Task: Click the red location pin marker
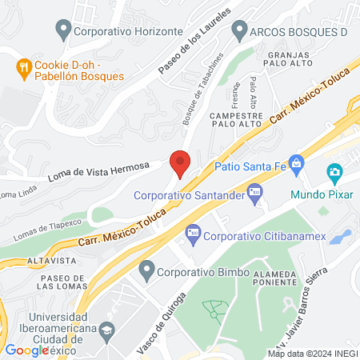pos(180,162)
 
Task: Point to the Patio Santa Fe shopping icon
pos(296,165)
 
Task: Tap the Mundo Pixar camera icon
pos(334,172)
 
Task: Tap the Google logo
pos(27,350)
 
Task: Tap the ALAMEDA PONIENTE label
pos(274,276)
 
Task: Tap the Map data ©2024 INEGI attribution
pos(312,353)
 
